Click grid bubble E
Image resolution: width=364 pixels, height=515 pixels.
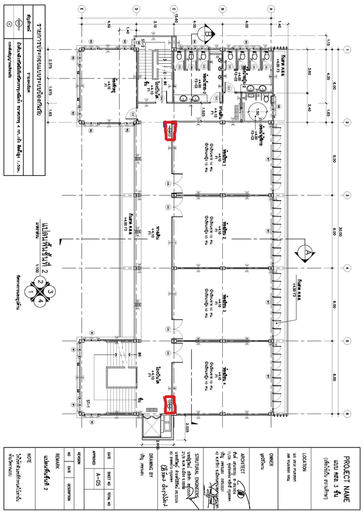[x=81, y=9]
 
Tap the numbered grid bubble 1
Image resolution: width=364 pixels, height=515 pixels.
[x=348, y=49]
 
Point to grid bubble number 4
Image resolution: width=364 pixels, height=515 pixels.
[x=348, y=268]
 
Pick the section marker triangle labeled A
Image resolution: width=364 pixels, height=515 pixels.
[x=307, y=250]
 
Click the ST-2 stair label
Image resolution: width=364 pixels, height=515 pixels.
[x=142, y=44]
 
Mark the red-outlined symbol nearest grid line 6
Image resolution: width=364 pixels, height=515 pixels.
[x=169, y=405]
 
